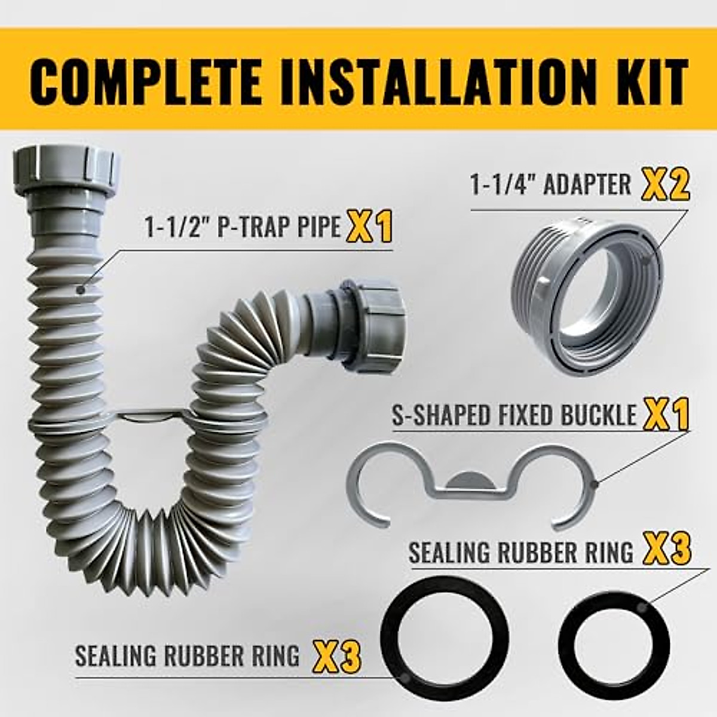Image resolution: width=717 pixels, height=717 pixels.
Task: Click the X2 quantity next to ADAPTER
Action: (666, 185)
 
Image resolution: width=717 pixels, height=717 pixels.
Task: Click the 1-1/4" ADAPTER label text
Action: (550, 185)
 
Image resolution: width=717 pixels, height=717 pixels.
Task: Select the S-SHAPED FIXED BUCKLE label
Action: (514, 416)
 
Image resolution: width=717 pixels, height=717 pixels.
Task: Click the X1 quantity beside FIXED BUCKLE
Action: (666, 415)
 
